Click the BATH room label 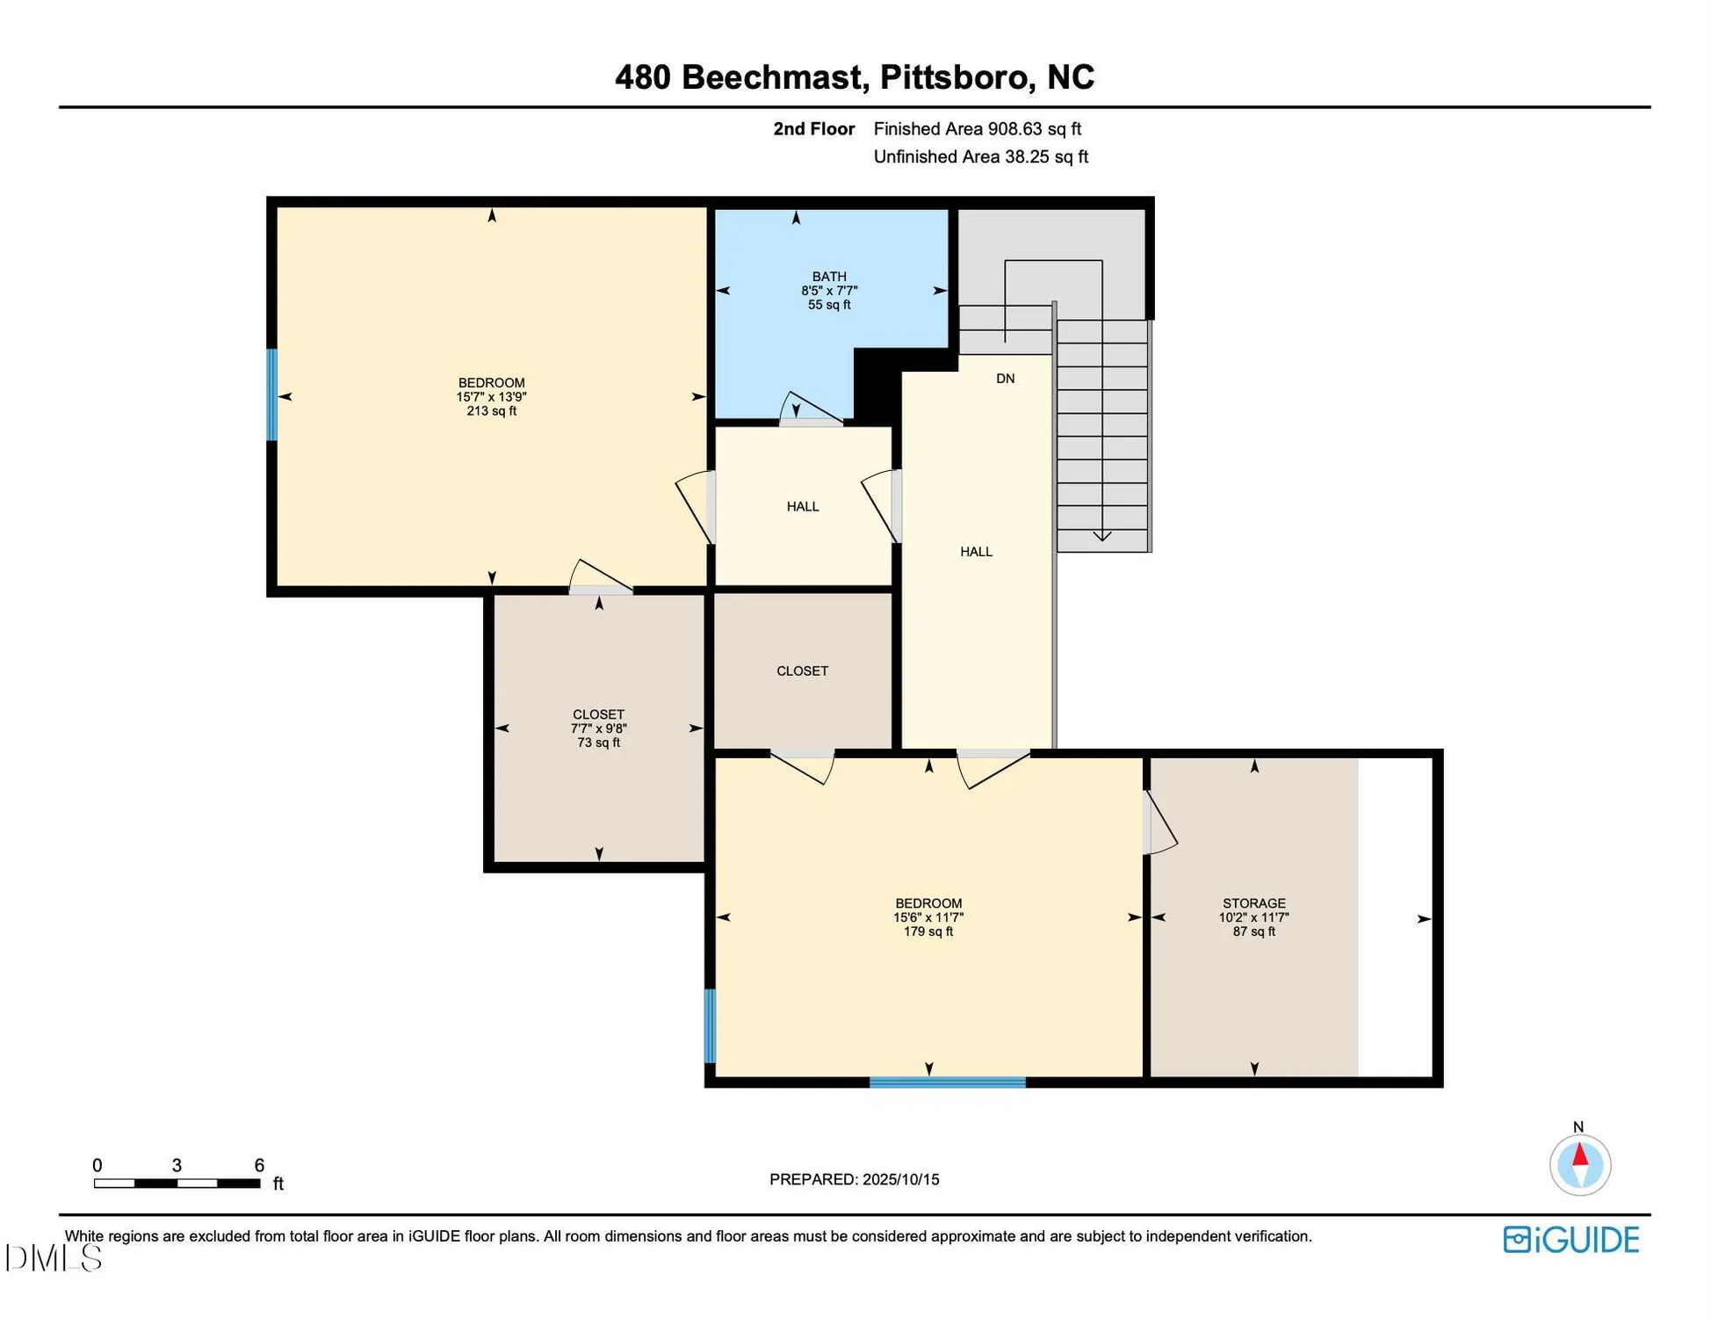click(828, 276)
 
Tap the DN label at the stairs click(1005, 379)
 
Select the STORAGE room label click(1253, 903)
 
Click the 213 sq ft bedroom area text click(491, 411)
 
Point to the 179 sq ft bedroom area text click(928, 931)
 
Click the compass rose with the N click(1579, 1165)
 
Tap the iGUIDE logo click(1570, 1240)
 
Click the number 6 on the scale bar click(259, 1165)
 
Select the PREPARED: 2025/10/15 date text click(854, 1179)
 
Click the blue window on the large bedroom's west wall click(272, 395)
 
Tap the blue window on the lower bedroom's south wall click(947, 1082)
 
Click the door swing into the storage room click(1159, 823)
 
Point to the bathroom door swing click(810, 409)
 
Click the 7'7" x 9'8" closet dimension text click(598, 728)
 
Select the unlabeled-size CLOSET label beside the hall click(802, 670)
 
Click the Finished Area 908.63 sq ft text click(977, 129)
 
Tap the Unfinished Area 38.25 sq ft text click(980, 157)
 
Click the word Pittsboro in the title click(953, 77)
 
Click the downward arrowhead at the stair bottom click(1101, 536)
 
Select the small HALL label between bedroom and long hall click(802, 506)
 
